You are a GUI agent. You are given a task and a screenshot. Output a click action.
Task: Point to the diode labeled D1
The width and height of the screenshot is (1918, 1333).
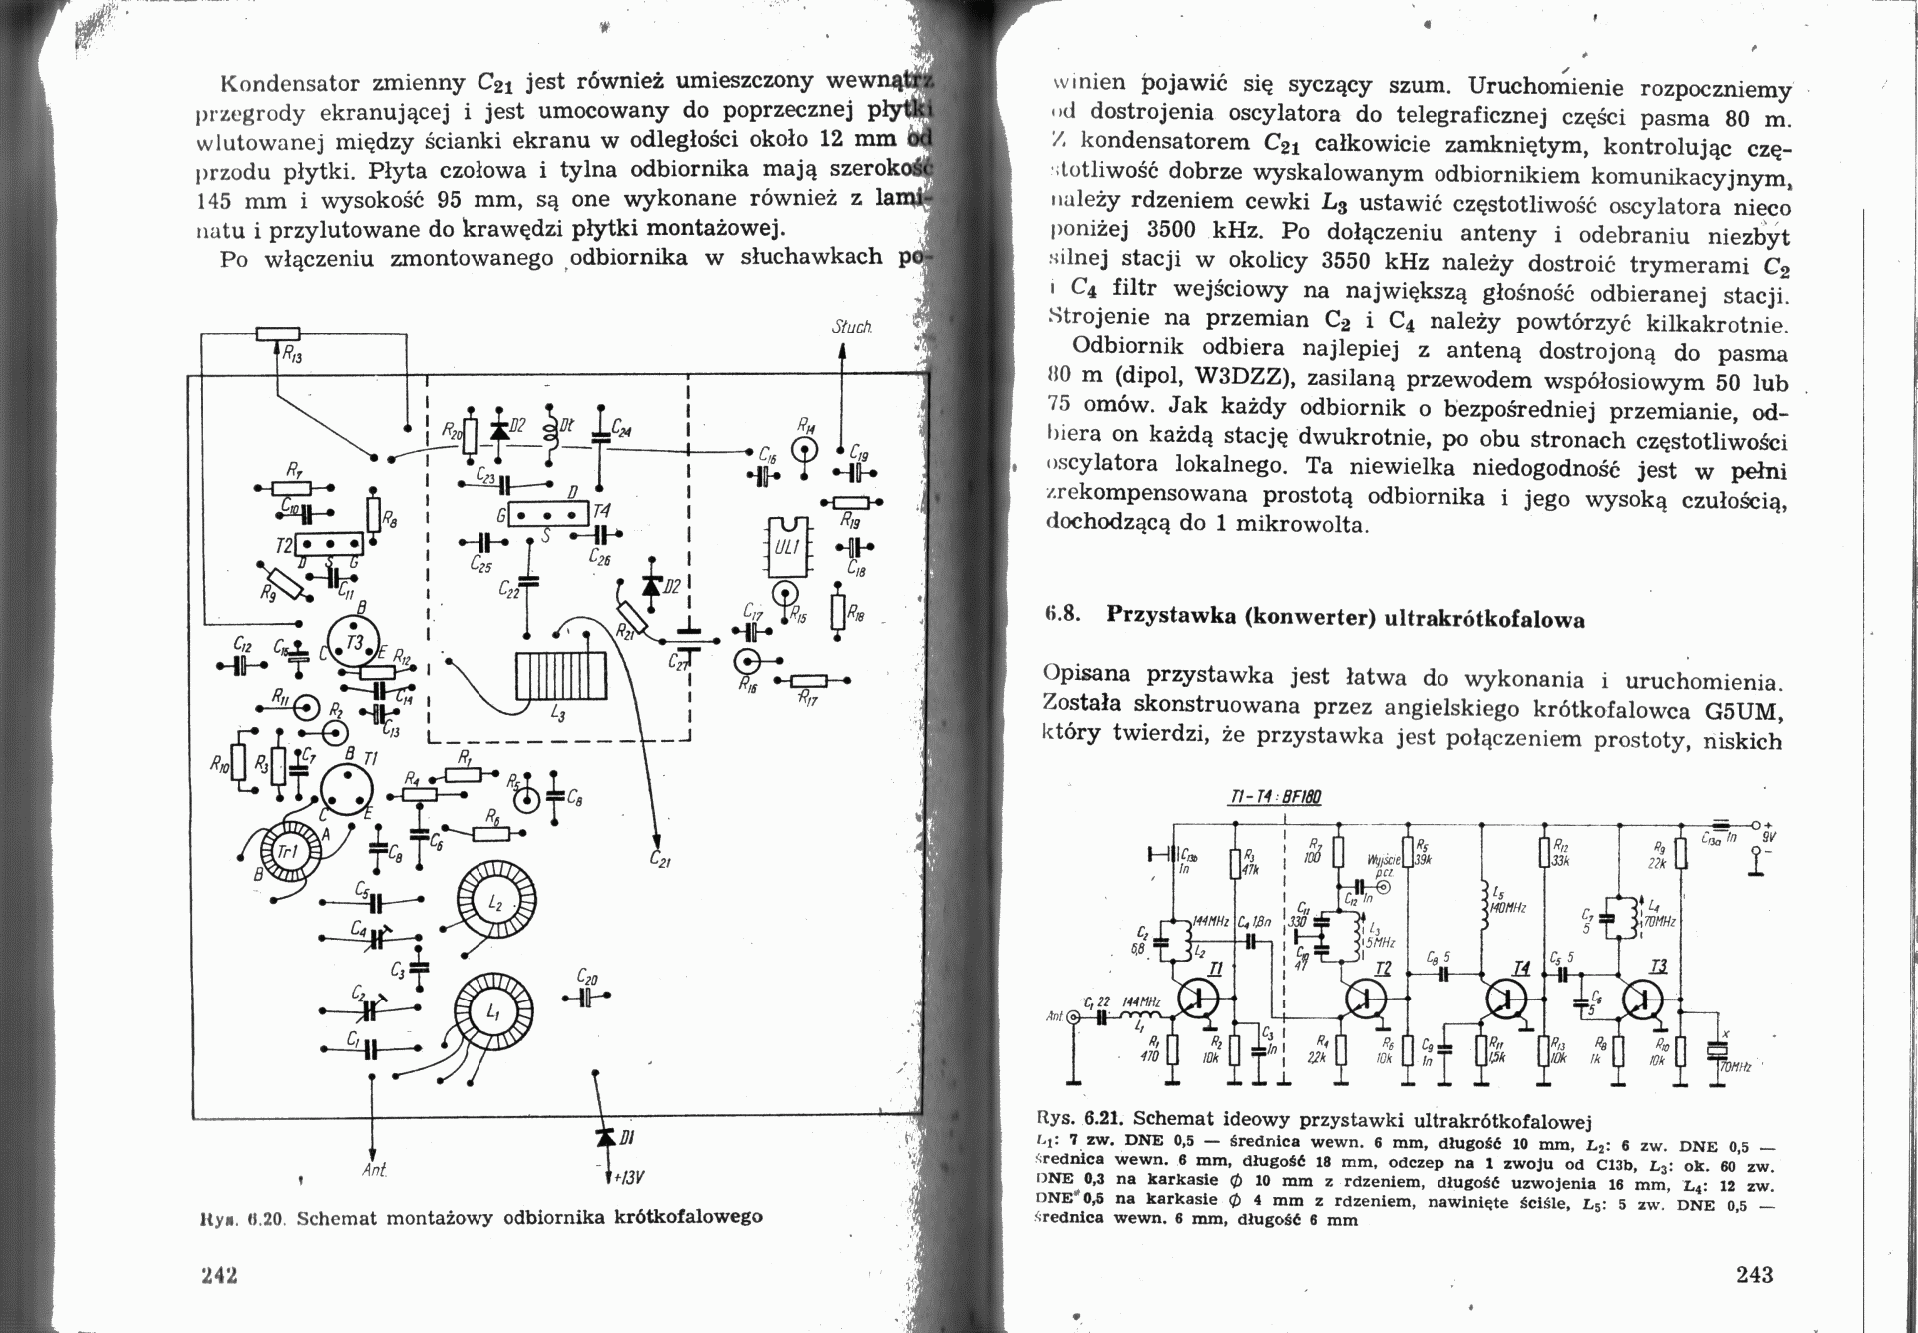point(605,1137)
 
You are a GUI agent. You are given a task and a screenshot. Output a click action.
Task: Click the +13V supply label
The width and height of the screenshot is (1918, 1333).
point(629,1177)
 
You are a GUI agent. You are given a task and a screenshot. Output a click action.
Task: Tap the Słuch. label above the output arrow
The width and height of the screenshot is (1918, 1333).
point(852,328)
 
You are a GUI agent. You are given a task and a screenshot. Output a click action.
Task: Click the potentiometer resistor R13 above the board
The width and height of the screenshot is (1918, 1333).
point(277,335)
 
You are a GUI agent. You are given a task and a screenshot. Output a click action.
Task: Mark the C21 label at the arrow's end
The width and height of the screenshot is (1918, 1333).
point(659,856)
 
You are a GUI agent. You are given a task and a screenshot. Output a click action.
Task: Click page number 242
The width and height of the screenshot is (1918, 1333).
point(220,1275)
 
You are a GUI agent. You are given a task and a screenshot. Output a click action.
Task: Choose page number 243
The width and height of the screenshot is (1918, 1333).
point(1754,1274)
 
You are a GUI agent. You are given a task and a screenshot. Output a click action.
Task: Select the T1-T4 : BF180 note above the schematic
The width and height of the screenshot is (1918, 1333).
point(1273,797)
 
